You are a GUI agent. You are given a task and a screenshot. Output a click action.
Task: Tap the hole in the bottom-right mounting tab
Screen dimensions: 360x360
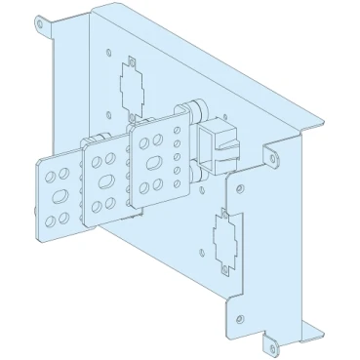point(266,343)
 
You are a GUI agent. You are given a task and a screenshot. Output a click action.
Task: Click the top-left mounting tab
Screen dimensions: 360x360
point(43,23)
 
